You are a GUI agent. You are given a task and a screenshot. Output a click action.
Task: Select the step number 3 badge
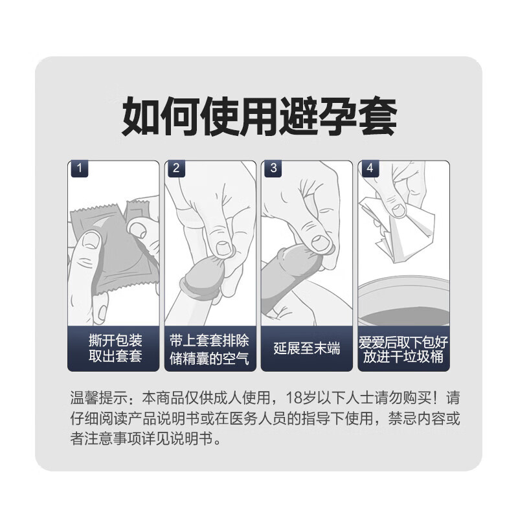pyautogui.click(x=272, y=168)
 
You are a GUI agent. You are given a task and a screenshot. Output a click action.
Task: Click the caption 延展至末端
pyautogui.click(x=306, y=348)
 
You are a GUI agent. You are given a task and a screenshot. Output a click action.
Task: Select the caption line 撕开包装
pyautogui.click(x=115, y=341)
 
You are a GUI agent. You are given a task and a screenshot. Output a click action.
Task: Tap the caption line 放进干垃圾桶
pyautogui.click(x=403, y=357)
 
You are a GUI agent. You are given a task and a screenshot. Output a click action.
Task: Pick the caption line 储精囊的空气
pyautogui.click(x=209, y=358)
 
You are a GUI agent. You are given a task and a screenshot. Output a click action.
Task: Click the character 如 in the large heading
pyautogui.click(x=142, y=117)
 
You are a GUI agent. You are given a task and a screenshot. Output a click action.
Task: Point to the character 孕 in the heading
pyautogui.click(x=337, y=117)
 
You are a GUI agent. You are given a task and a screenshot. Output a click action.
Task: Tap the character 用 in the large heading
pyautogui.click(x=260, y=117)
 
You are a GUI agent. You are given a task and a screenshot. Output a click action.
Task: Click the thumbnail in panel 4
pyautogui.click(x=398, y=210)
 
